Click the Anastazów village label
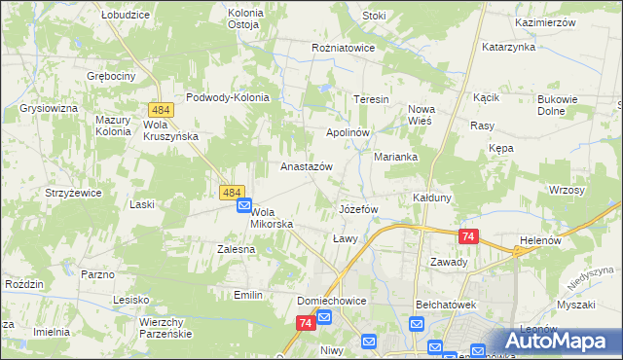tap(307, 166)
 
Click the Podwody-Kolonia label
tap(227, 97)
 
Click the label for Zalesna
tap(236, 249)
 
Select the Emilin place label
tap(249, 294)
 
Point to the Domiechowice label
tap(332, 301)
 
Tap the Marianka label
tap(396, 157)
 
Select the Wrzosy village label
tap(567, 190)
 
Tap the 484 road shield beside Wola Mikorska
tap(232, 194)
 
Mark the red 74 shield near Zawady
tap(468, 236)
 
